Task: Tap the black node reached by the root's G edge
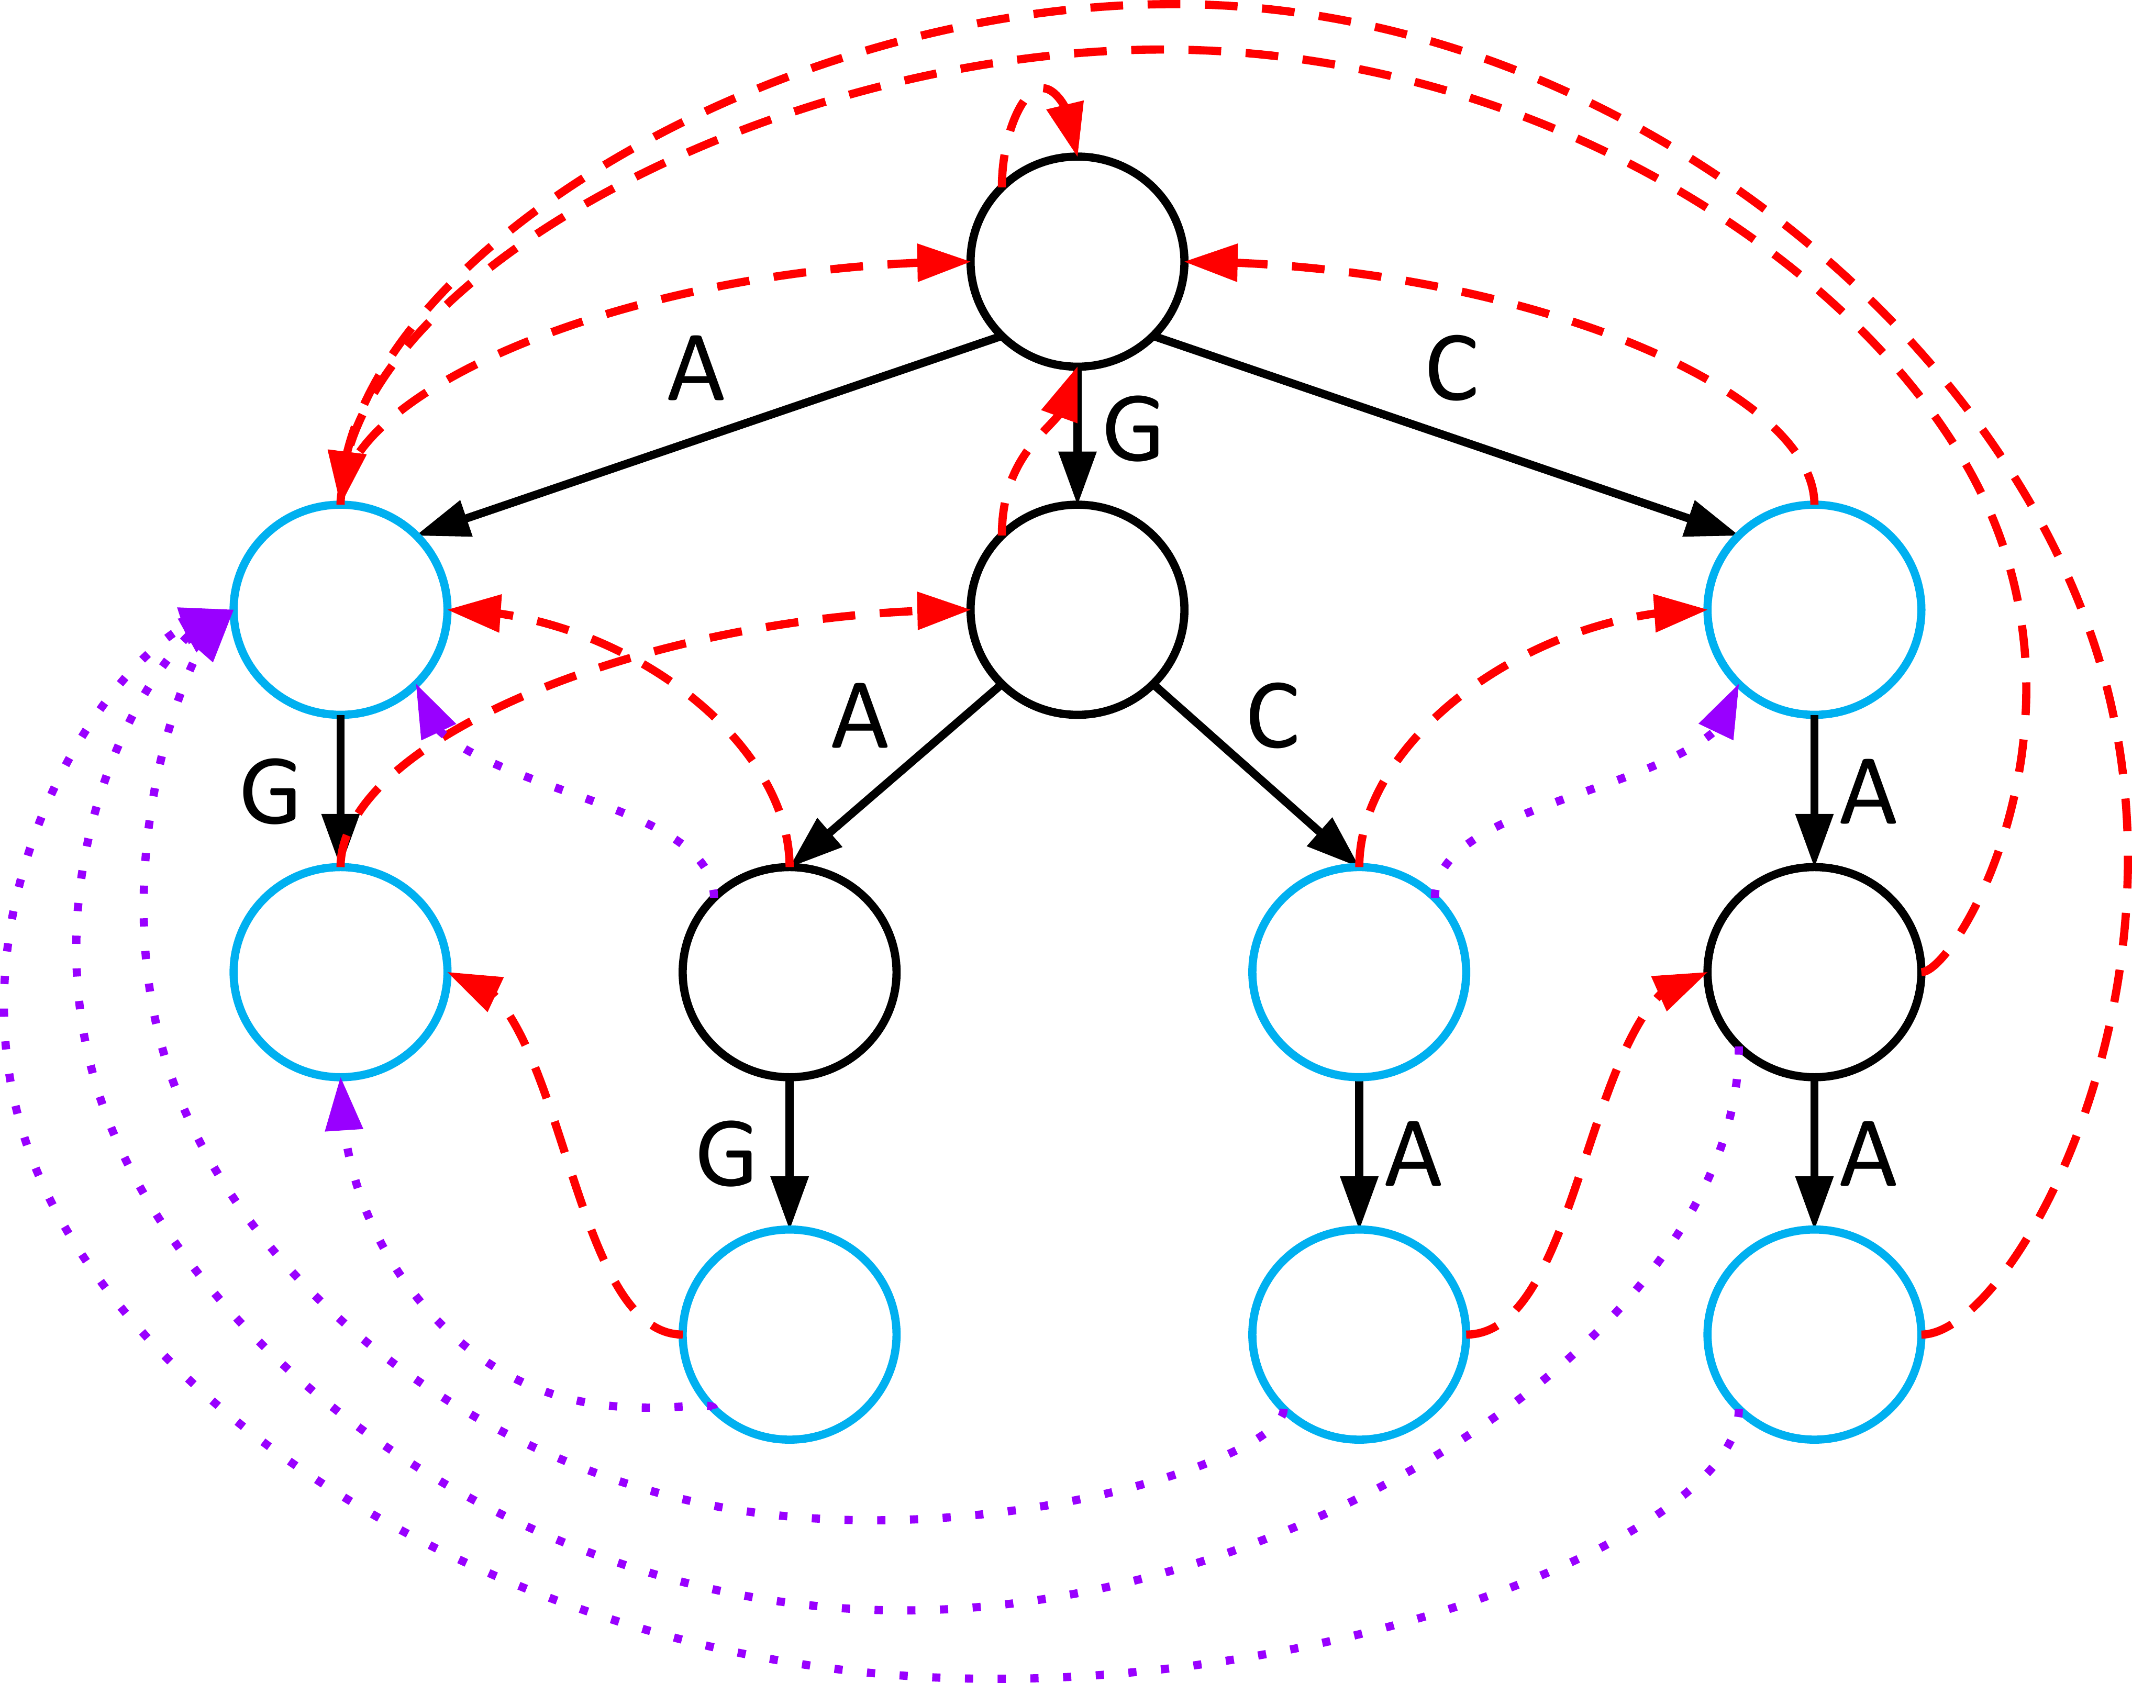tap(1078, 609)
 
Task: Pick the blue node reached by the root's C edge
tap(1814, 609)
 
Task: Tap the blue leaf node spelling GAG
tap(789, 1334)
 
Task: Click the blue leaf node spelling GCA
tap(1359, 1334)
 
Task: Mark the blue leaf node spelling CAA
tap(1814, 1334)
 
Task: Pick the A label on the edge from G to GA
tap(860, 716)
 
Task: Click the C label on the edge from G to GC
tap(1272, 716)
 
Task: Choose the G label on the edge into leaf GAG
tap(726, 1155)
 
